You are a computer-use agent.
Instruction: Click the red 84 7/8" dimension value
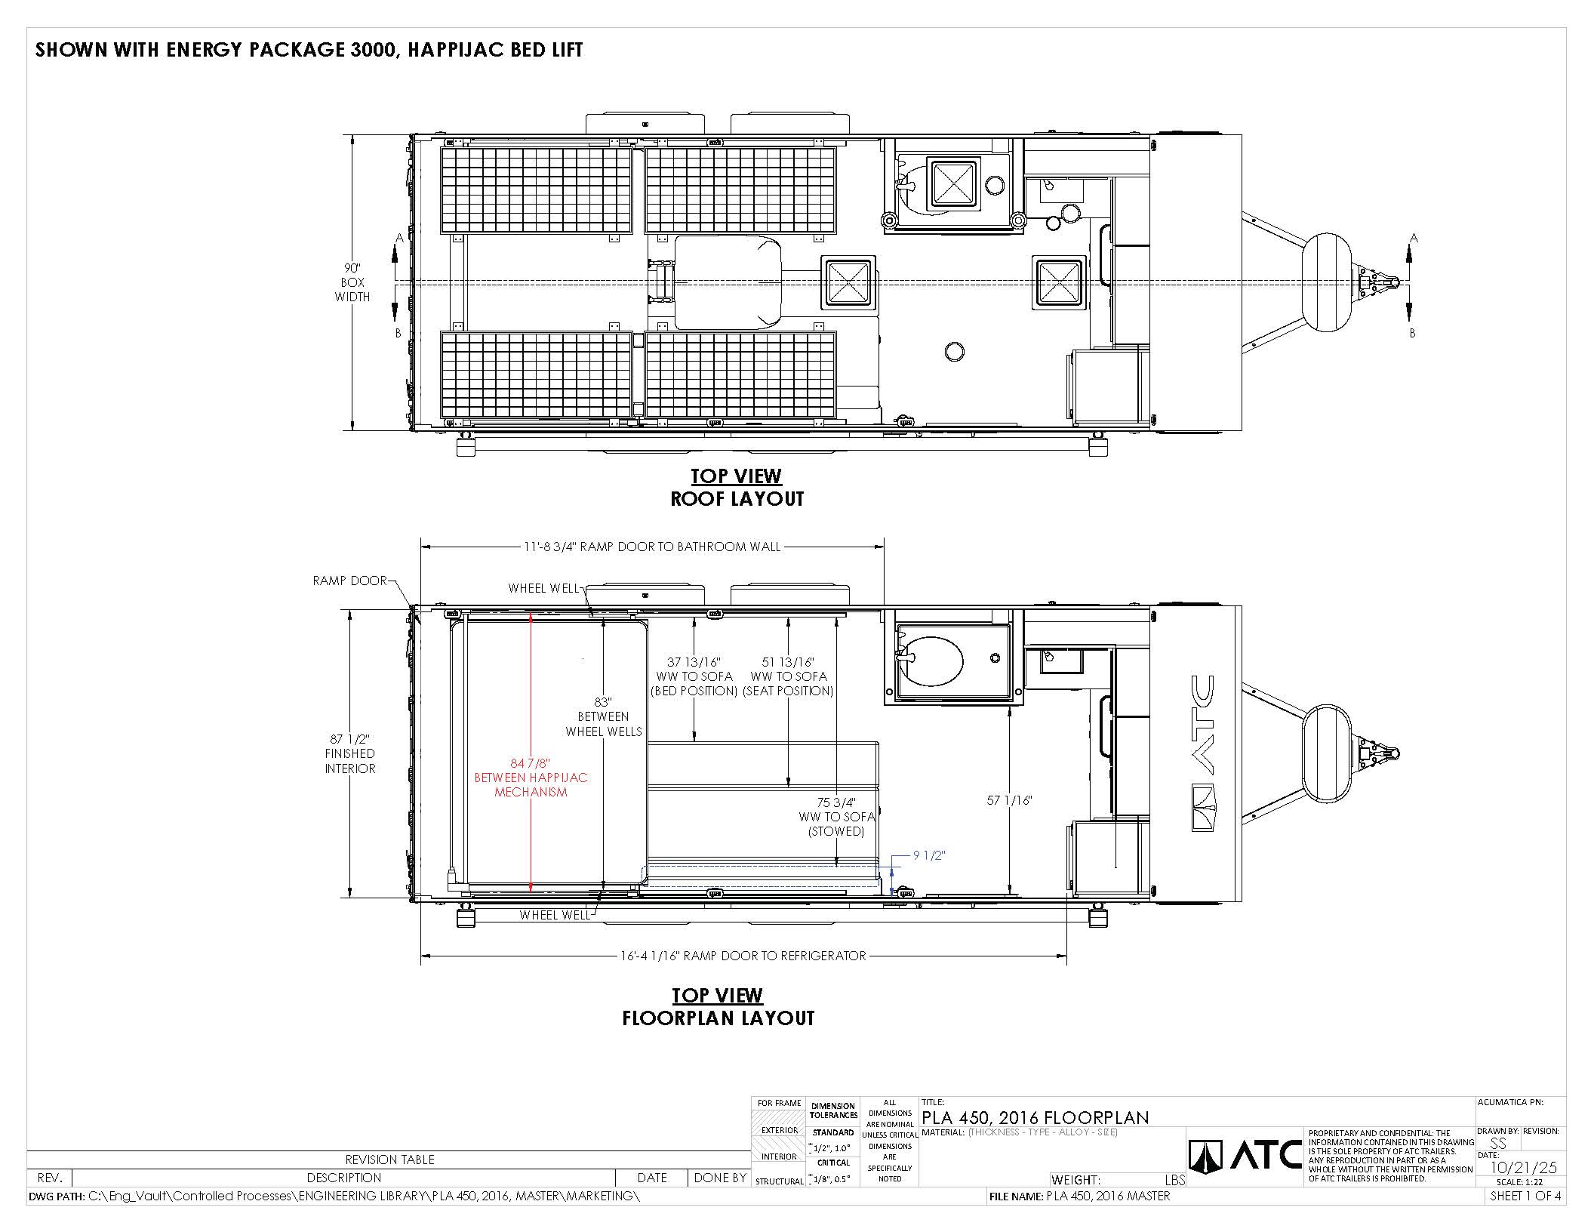click(531, 762)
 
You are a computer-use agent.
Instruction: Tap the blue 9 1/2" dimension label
click(929, 855)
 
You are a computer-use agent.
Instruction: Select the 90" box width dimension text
click(352, 282)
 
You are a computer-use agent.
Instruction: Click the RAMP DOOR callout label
click(349, 581)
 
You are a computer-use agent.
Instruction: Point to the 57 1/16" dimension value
click(1009, 800)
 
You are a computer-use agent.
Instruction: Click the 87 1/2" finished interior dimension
click(350, 753)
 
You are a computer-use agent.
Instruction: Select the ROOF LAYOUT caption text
click(737, 498)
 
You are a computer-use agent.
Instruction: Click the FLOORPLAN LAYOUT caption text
click(719, 1018)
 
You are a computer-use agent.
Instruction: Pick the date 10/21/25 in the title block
click(1524, 1167)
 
